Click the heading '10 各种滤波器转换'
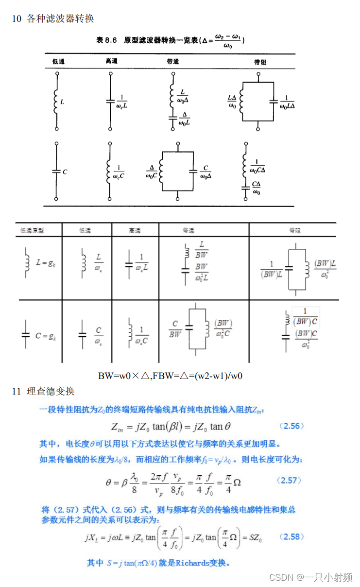[x=53, y=19]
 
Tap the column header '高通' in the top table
[x=111, y=61]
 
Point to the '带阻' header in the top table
[x=260, y=62]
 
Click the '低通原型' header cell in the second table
[x=32, y=230]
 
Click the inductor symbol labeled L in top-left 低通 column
[x=56, y=102]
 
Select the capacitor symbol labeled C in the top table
[x=56, y=172]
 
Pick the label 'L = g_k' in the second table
[x=47, y=263]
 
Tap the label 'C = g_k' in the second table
[x=46, y=335]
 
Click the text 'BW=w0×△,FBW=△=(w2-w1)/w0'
[x=170, y=376]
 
